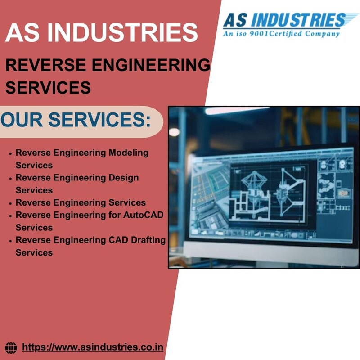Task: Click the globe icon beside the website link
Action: [x=11, y=348]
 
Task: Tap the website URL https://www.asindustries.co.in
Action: [x=93, y=347]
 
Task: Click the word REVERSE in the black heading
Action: [x=46, y=65]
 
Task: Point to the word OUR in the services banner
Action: [x=22, y=120]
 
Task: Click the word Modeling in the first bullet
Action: [x=128, y=153]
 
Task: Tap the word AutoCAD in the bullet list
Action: [x=143, y=215]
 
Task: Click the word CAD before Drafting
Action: [x=118, y=240]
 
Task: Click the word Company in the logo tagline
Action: [x=322, y=34]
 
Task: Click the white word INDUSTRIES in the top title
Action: [x=122, y=32]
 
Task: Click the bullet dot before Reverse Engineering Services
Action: [x=10, y=204]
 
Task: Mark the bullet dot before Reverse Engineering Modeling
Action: [x=10, y=153]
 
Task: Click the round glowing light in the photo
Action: [x=174, y=132]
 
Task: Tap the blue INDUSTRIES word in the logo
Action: [x=298, y=20]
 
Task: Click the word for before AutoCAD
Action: [x=114, y=215]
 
